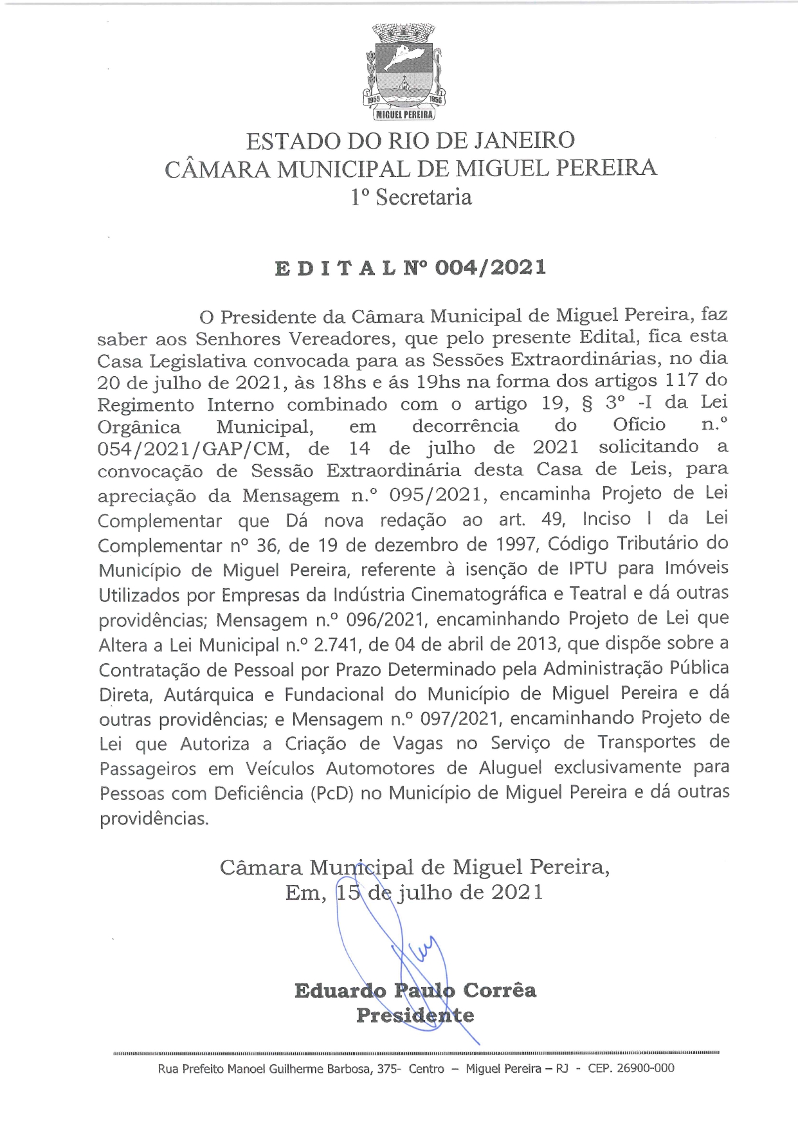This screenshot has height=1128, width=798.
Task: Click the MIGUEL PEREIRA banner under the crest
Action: click(404, 114)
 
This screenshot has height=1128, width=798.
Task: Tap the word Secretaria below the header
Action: click(424, 197)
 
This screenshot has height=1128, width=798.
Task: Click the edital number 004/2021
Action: click(491, 267)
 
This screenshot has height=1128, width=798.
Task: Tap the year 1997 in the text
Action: click(516, 545)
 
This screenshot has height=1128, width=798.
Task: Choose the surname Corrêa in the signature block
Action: click(499, 990)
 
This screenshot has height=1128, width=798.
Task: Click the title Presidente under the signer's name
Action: click(415, 1015)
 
